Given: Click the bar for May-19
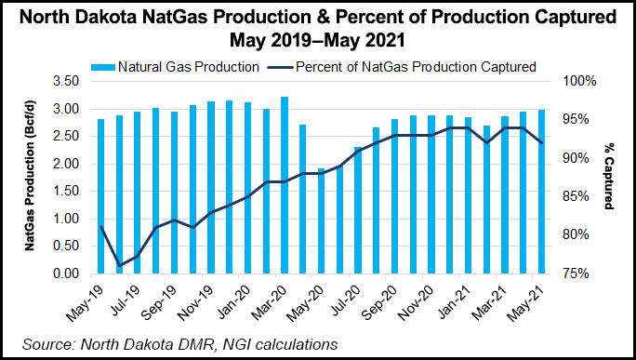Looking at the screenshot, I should pos(101,196).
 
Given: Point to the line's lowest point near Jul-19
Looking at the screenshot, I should pos(119,265).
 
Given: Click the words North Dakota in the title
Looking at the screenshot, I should pos(85,19).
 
